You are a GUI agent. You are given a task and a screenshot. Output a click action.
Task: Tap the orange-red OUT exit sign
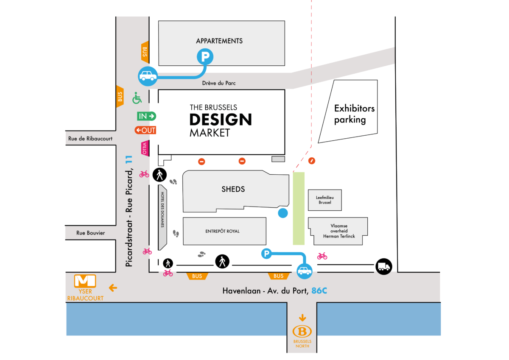145,130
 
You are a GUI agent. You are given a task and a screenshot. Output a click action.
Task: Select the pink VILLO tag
145,148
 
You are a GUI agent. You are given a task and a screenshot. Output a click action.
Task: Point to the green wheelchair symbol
137,98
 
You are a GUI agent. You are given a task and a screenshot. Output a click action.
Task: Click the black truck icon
383,267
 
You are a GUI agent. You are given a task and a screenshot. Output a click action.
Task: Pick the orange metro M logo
85,281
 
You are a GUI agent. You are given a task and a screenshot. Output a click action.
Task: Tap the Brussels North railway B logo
302,332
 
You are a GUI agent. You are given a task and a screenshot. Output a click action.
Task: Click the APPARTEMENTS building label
219,41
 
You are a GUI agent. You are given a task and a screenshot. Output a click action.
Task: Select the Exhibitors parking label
354,114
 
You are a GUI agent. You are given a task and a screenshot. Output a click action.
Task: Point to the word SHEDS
233,189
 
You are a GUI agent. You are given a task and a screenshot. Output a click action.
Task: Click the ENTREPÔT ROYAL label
223,231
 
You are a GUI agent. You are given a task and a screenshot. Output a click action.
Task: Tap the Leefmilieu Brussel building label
324,200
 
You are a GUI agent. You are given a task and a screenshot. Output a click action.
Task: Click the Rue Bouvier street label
90,233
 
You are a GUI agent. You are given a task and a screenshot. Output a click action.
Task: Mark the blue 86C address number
319,291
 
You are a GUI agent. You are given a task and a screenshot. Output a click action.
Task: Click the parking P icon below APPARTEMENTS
205,56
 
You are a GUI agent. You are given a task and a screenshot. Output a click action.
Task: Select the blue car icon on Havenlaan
304,271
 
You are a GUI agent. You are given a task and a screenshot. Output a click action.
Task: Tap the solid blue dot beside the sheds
282,213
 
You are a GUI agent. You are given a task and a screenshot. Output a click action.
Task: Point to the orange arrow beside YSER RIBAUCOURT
113,288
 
